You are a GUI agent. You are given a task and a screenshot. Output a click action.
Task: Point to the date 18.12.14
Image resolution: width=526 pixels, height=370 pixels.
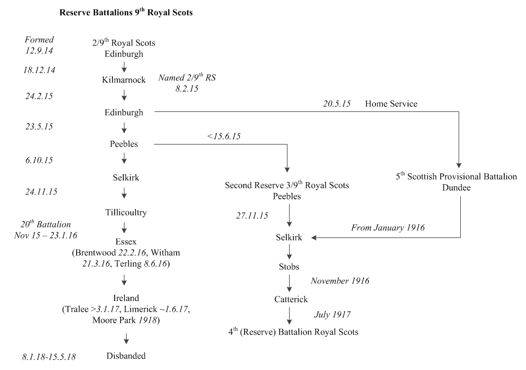pyautogui.click(x=40, y=70)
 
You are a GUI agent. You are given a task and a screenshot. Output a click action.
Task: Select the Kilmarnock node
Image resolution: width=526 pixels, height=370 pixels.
pyautogui.click(x=124, y=80)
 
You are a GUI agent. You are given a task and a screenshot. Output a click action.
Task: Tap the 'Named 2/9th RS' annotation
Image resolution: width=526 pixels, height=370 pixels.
pyautogui.click(x=187, y=78)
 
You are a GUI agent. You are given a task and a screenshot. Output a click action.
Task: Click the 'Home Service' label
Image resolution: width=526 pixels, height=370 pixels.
pyautogui.click(x=391, y=104)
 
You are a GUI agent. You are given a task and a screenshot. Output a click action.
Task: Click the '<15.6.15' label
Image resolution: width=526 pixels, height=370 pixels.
pyautogui.click(x=223, y=136)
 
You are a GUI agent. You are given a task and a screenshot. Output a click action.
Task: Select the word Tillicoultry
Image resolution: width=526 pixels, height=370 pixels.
pyautogui.click(x=126, y=212)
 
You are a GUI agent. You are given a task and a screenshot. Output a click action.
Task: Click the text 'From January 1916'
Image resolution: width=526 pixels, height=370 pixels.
pyautogui.click(x=388, y=228)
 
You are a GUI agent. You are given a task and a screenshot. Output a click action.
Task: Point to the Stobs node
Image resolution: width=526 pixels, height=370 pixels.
pyautogui.click(x=289, y=267)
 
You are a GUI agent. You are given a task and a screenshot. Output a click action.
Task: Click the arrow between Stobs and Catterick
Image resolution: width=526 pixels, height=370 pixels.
pyautogui.click(x=289, y=283)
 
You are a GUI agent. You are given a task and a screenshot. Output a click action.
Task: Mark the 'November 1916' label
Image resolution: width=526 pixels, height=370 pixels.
pyautogui.click(x=340, y=281)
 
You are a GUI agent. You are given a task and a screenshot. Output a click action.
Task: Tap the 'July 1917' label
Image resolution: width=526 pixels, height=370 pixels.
pyautogui.click(x=332, y=314)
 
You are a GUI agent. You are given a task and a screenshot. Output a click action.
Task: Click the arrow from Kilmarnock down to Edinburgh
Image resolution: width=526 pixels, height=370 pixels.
pyautogui.click(x=124, y=96)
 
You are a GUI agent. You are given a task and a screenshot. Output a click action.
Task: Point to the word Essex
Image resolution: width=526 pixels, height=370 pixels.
pyautogui.click(x=126, y=243)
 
